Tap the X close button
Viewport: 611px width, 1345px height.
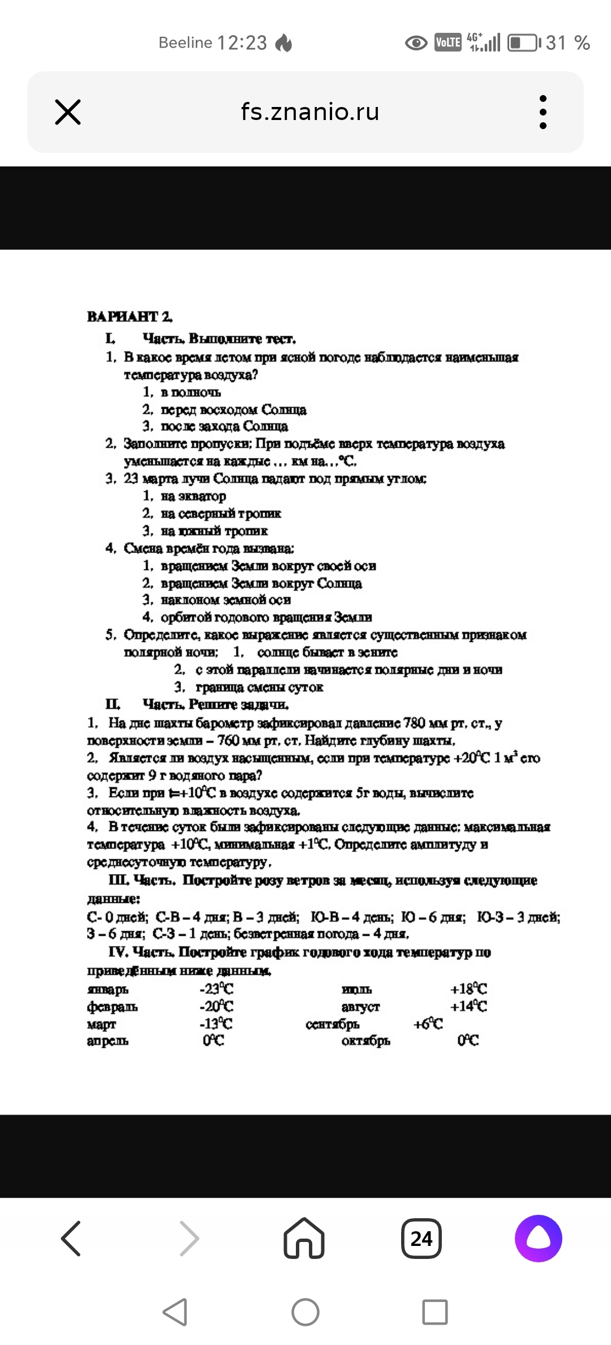coord(68,112)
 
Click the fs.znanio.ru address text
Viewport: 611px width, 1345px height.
coord(310,112)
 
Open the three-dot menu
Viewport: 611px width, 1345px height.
coord(543,112)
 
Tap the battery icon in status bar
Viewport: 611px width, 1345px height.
coord(523,43)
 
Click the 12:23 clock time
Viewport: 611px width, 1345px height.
coord(242,43)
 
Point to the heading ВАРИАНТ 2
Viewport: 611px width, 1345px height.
coord(130,316)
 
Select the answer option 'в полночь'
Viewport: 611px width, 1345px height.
coord(190,392)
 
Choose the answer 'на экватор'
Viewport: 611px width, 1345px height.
coord(193,496)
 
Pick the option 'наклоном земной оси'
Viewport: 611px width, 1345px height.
coord(225,600)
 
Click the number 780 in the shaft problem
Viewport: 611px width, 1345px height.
coord(414,723)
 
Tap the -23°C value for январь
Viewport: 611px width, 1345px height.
coord(216,989)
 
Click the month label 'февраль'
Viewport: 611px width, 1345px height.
coord(112,1006)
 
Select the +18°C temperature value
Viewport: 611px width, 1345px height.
coord(468,989)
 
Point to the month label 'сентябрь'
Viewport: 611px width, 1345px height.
coord(332,1024)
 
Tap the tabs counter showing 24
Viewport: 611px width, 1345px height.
coord(421,1239)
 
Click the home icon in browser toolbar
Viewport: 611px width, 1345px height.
coord(304,1239)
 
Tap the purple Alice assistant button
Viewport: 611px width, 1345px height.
coord(538,1239)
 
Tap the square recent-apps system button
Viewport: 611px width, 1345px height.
coord(434,1312)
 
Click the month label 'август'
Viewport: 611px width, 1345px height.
coord(360,1006)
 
